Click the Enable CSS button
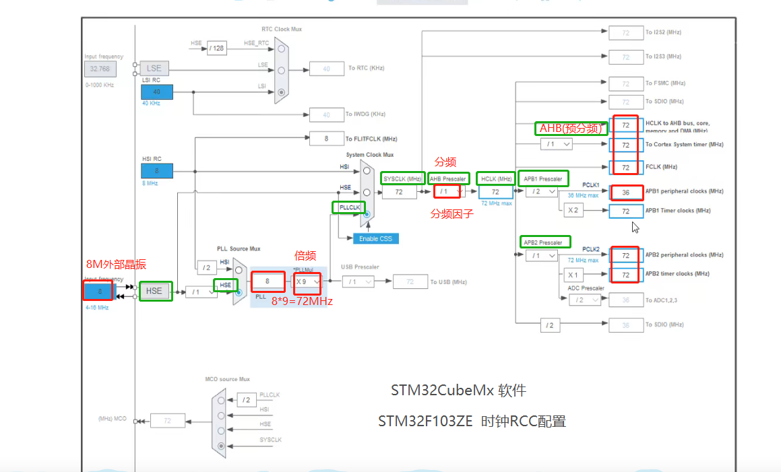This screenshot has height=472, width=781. coord(376,238)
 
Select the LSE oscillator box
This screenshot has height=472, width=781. coord(154,68)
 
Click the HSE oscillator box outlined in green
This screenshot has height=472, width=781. coord(155,291)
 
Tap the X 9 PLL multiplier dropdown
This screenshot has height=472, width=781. coord(307,281)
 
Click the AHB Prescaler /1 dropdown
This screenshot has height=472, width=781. coord(448,191)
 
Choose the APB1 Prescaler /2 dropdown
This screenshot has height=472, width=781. coord(542,191)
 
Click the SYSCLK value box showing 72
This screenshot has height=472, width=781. coord(398,192)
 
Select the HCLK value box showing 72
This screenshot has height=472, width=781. coord(495,192)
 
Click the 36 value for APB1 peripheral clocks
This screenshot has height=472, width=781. coord(625,192)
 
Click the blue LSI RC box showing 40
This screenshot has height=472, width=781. coord(156,92)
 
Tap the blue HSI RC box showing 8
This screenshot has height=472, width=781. coord(156,170)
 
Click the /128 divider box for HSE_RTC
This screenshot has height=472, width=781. coord(216,48)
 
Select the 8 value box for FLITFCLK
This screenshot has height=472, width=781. coord(326,138)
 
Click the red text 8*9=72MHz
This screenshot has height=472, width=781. coord(302,301)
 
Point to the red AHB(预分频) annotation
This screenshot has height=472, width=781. coord(571,128)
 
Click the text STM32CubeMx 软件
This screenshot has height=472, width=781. coord(458,391)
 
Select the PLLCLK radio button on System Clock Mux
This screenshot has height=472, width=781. coord(367,214)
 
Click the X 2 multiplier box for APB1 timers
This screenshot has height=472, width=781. coord(573,211)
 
